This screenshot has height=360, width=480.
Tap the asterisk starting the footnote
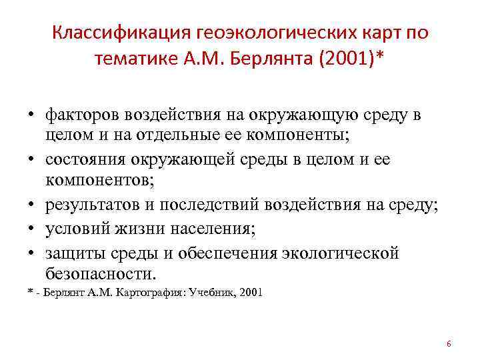(31, 293)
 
